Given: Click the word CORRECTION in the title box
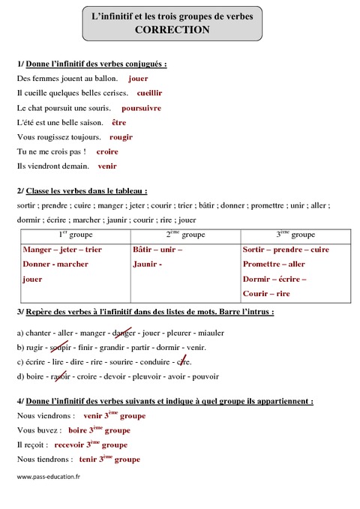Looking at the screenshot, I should click(x=172, y=30).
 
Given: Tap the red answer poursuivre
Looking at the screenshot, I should click(x=141, y=108).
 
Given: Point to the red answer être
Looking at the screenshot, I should click(x=118, y=122).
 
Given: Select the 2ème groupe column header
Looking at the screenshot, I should click(x=183, y=235).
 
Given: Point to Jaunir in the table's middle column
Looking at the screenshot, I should click(x=146, y=264).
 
